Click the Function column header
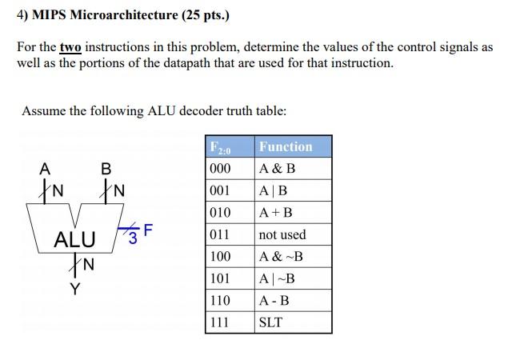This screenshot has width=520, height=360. (286, 146)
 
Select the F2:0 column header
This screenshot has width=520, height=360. (219, 147)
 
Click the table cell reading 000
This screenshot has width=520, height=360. (219, 169)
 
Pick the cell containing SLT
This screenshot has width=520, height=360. (271, 322)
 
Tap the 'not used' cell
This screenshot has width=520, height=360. (282, 234)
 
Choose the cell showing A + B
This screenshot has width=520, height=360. (276, 213)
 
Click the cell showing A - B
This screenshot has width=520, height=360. (274, 301)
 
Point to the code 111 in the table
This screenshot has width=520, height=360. (219, 322)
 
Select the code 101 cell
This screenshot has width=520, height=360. (219, 278)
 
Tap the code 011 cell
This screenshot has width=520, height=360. (219, 234)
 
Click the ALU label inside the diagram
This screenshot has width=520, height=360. (74, 239)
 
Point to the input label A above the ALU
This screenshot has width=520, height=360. (45, 169)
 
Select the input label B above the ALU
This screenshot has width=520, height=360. (106, 169)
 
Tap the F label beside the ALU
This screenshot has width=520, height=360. (147, 230)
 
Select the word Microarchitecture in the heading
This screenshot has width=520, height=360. (110, 15)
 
